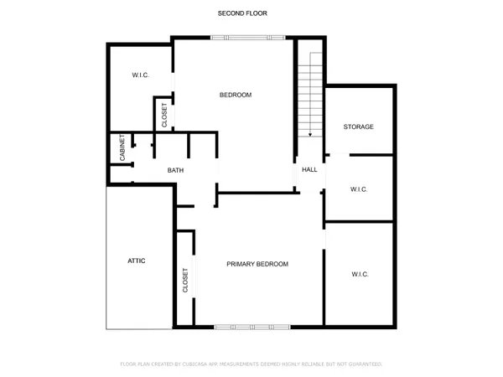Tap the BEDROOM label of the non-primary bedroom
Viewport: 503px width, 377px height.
pyautogui.click(x=236, y=95)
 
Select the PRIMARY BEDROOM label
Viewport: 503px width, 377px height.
pyautogui.click(x=257, y=264)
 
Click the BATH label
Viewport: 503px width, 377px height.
pyautogui.click(x=175, y=171)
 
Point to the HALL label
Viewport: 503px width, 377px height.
pyautogui.click(x=309, y=170)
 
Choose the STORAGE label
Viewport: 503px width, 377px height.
pyautogui.click(x=358, y=127)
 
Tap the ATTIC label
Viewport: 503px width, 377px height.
pyautogui.click(x=137, y=261)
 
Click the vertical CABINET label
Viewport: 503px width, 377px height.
pyautogui.click(x=123, y=148)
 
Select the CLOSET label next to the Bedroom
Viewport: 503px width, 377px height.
pyautogui.click(x=164, y=115)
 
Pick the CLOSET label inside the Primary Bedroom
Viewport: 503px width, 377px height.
pyautogui.click(x=185, y=279)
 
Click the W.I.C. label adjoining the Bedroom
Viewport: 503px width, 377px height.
pyautogui.click(x=140, y=75)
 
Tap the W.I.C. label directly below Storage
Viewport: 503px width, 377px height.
pyautogui.click(x=359, y=189)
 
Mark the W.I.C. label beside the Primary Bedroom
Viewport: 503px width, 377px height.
pyautogui.click(x=360, y=274)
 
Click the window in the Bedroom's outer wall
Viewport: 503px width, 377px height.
pyautogui.click(x=247, y=37)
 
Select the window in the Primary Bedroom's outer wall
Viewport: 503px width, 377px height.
pyautogui.click(x=252, y=325)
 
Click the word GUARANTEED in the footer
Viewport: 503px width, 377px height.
pyautogui.click(x=362, y=364)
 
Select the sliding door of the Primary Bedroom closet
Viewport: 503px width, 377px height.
pyautogui.click(x=197, y=276)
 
